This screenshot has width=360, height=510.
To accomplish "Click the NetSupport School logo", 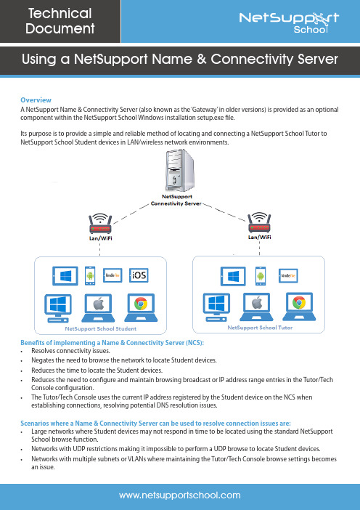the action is [x=289, y=23].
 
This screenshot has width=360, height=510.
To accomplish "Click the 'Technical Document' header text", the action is [x=60, y=21].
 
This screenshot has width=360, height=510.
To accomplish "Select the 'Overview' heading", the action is [x=36, y=100].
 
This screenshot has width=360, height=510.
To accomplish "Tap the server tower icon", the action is [x=180, y=171].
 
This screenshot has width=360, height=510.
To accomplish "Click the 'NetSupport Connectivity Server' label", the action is [x=176, y=200].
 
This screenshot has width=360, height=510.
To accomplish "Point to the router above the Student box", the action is [x=100, y=224].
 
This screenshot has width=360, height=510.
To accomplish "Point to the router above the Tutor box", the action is [x=259, y=222].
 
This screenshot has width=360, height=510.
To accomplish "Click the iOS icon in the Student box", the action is [x=139, y=275].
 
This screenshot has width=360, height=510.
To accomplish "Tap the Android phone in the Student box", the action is [x=90, y=276].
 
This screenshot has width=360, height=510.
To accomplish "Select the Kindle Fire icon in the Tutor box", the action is [x=288, y=276].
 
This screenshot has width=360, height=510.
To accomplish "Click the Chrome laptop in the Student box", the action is [x=141, y=308].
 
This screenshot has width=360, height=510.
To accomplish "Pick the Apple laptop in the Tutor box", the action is [x=257, y=307].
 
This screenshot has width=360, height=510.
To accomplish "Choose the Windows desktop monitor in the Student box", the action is [x=58, y=308].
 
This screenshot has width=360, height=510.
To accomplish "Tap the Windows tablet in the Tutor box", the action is [x=233, y=276].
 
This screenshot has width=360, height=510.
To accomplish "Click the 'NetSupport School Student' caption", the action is [x=101, y=329].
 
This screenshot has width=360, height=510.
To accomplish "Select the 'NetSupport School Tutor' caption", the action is [x=260, y=328].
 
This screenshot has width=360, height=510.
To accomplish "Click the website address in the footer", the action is [x=180, y=495].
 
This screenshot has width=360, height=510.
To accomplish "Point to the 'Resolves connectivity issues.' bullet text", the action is [x=71, y=351].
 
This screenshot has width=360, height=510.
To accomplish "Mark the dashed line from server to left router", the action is [x=131, y=214].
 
